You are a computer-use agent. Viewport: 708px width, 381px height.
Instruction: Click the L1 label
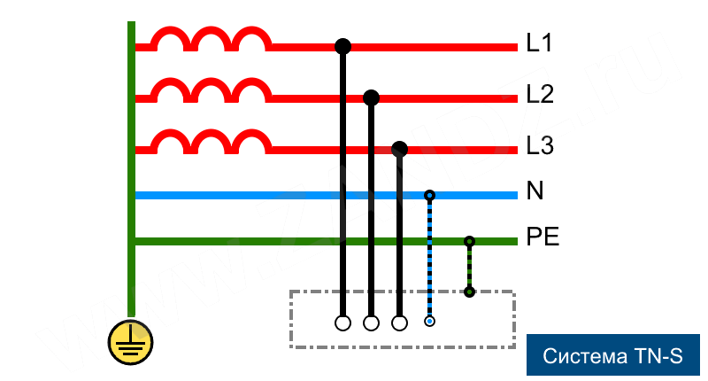tap(539, 43)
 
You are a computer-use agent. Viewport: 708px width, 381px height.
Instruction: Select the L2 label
tap(540, 94)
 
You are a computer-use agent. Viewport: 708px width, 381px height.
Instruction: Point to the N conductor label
tap(535, 191)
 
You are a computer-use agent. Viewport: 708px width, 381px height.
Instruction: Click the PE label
tap(543, 237)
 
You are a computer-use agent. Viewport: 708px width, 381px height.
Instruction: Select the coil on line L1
tap(210, 39)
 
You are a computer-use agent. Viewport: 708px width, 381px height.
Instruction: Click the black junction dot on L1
tap(342, 45)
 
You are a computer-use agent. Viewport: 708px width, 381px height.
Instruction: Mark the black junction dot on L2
tap(371, 97)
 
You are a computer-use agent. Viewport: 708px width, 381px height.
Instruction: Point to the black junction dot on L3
tap(399, 147)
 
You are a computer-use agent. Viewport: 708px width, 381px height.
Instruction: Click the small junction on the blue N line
tap(429, 195)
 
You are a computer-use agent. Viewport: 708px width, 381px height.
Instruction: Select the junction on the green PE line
tap(469, 241)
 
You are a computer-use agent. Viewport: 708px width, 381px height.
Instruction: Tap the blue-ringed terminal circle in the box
tap(429, 322)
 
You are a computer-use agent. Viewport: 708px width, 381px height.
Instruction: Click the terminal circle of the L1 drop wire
tap(342, 323)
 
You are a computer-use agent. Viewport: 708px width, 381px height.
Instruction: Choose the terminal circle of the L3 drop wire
tap(399, 323)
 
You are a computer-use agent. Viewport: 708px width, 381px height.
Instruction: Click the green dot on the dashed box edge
tap(469, 292)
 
